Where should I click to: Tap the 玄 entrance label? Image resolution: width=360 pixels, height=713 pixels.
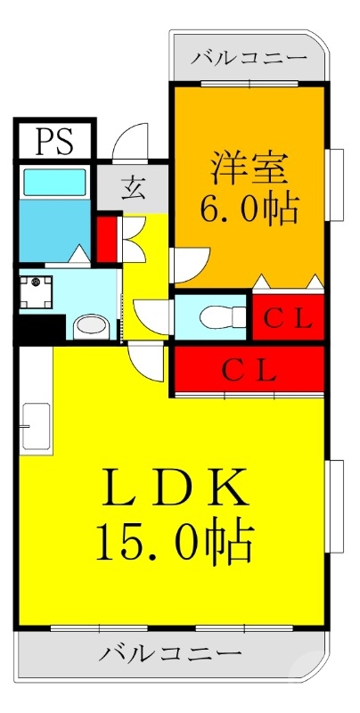[x=134, y=188]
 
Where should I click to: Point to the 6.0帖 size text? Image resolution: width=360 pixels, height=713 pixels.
[x=248, y=209]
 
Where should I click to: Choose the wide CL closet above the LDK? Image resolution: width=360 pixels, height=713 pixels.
[x=249, y=370]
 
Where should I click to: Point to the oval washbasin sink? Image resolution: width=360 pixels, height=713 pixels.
[x=90, y=326]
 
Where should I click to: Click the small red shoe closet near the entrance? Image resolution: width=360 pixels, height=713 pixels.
[x=107, y=234]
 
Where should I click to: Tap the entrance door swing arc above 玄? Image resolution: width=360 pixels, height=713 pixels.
[x=130, y=143]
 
